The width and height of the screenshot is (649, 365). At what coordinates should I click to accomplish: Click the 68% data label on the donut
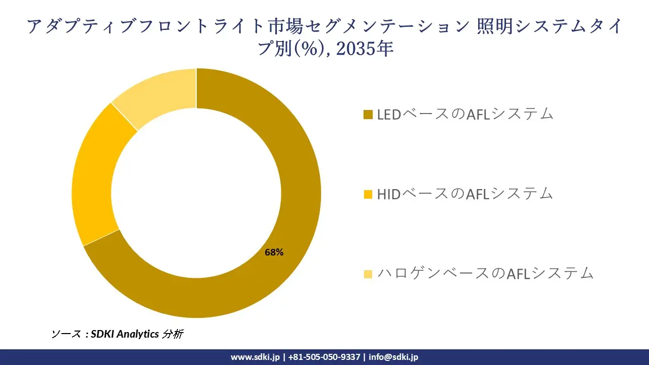pyautogui.click(x=274, y=252)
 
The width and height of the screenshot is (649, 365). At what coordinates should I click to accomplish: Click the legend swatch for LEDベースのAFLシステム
pyautogui.click(x=368, y=115)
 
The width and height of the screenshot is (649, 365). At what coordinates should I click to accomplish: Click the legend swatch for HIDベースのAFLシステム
pyautogui.click(x=368, y=194)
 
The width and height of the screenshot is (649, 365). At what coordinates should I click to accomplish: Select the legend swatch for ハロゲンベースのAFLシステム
pyautogui.click(x=368, y=274)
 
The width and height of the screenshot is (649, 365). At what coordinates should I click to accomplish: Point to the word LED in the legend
pyautogui.click(x=389, y=115)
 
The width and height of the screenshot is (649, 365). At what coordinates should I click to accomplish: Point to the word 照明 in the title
pyautogui.click(x=492, y=26)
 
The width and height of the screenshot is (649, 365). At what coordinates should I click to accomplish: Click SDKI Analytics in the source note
pyautogui.click(x=125, y=334)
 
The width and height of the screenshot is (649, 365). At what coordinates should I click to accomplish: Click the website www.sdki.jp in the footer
pyautogui.click(x=255, y=357)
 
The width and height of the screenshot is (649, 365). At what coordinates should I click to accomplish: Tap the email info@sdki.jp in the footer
pyautogui.click(x=393, y=357)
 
